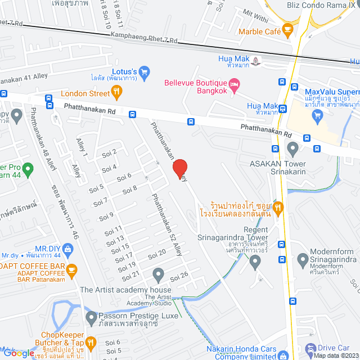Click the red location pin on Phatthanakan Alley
179,168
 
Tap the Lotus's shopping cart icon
144,71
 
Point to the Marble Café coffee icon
287,28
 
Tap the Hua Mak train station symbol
256,60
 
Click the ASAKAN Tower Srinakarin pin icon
292,148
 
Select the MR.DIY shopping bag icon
68,248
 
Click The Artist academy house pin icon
159,274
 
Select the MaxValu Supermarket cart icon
318,116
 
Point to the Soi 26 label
178,276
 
